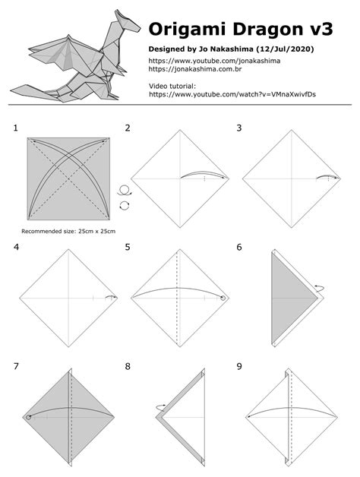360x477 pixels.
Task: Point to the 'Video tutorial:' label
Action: [x=173, y=85]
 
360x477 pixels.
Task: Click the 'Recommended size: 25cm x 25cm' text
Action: [x=68, y=230]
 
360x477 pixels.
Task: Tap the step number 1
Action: [x=16, y=128]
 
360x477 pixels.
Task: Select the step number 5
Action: [x=128, y=247]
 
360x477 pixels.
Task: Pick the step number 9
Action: [x=239, y=366]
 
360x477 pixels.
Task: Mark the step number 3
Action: [x=239, y=128]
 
